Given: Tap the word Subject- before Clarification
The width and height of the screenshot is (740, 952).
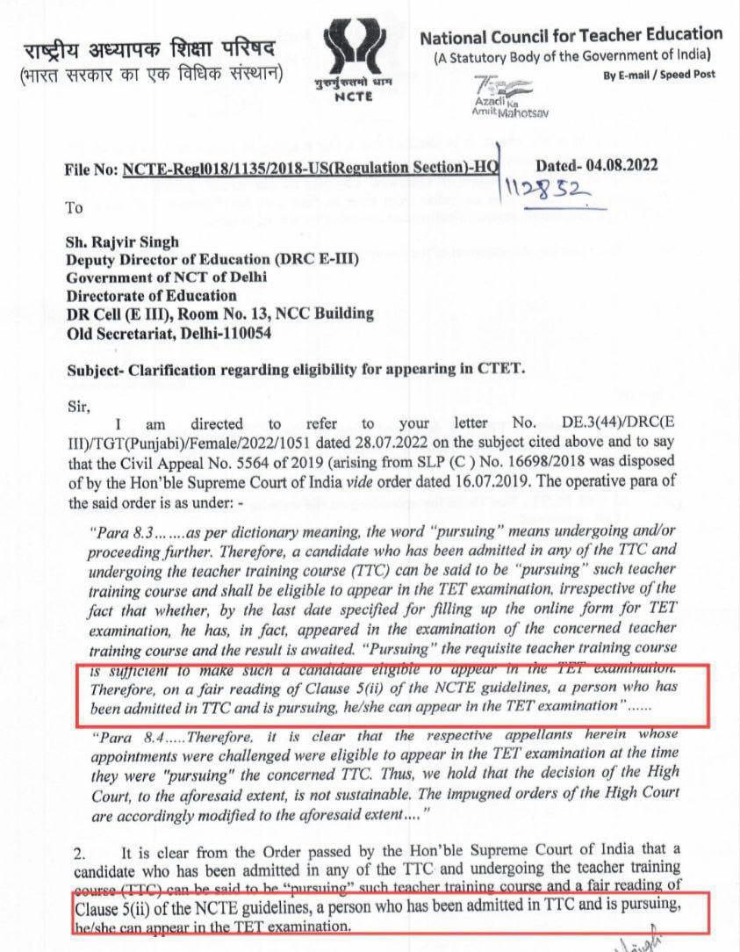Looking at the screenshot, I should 96,369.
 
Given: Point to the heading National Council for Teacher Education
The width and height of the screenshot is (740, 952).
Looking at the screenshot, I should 571,35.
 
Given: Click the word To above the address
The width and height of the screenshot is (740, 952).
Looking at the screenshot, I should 75,208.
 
